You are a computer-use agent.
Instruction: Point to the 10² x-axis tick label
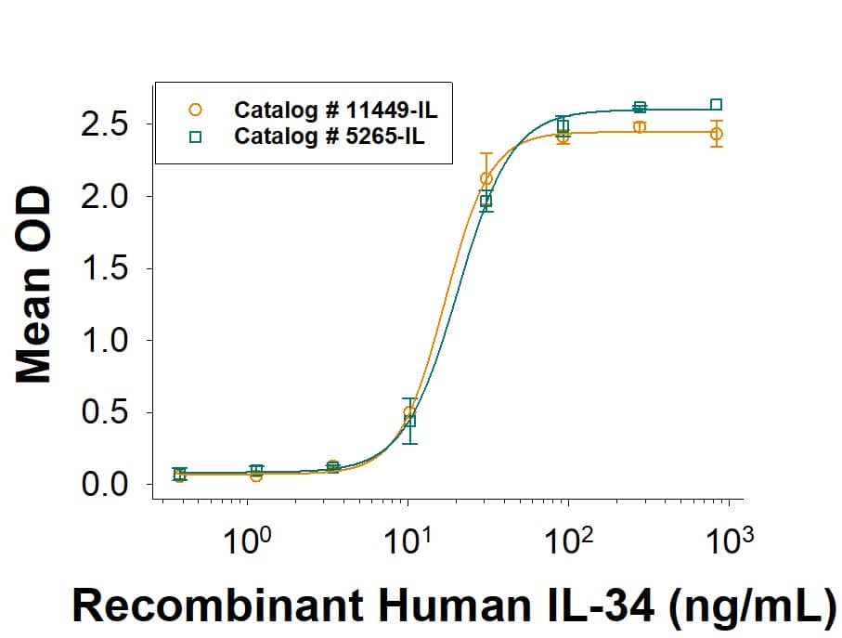coord(567,539)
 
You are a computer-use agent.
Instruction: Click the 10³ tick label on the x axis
coord(728,539)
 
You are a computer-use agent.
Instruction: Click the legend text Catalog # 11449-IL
coord(336,111)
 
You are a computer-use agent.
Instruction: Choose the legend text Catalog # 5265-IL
coord(330,137)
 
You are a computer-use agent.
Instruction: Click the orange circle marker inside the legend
coord(195,110)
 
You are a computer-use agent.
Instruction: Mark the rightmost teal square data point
coord(716,105)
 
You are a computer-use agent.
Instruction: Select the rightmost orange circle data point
coord(716,135)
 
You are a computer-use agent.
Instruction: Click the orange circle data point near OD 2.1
coord(486,178)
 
